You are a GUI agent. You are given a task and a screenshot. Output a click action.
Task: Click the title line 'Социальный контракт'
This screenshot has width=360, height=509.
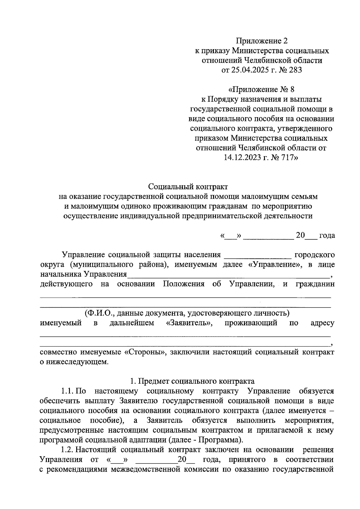(x=188, y=187)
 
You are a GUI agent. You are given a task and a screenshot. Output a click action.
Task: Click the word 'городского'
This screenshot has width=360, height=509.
(x=315, y=255)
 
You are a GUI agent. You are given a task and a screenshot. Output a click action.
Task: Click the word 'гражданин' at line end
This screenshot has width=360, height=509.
(x=315, y=284)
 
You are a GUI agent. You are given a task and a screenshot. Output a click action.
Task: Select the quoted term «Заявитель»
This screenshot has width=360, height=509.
(x=189, y=323)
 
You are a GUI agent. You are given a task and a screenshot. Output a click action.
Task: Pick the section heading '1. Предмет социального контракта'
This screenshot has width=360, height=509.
(x=192, y=381)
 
